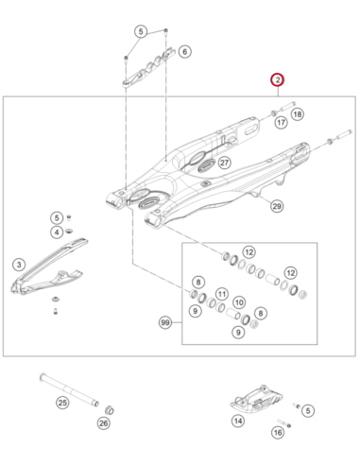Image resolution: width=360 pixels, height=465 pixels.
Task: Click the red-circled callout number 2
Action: pyautogui.click(x=278, y=80)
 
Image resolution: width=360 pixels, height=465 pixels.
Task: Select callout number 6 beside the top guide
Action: pyautogui.click(x=185, y=51)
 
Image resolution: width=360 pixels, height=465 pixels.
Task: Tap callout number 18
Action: pyautogui.click(x=298, y=114)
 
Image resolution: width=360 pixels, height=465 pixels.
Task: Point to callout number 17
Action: pyautogui.click(x=281, y=122)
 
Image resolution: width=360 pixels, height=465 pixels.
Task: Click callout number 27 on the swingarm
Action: pyautogui.click(x=224, y=163)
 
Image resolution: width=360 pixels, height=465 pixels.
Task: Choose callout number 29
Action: pyautogui.click(x=277, y=206)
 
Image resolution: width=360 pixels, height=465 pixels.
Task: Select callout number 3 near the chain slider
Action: pyautogui.click(x=19, y=265)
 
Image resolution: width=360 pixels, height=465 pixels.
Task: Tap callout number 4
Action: pyautogui.click(x=57, y=232)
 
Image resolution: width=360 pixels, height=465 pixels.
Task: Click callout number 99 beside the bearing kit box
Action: pyautogui.click(x=165, y=322)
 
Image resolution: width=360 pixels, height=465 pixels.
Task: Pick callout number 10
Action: pyautogui.click(x=239, y=302)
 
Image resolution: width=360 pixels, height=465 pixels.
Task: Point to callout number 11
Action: pyautogui.click(x=222, y=294)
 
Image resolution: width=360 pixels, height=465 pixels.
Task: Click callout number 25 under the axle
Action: pyautogui.click(x=62, y=403)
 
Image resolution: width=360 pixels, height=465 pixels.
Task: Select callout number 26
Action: pyautogui.click(x=104, y=423)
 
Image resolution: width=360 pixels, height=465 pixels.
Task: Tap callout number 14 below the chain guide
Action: pyautogui.click(x=238, y=421)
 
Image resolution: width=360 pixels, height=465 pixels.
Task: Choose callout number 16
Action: pyautogui.click(x=278, y=432)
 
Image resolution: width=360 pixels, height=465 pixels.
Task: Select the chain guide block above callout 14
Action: pyautogui.click(x=256, y=399)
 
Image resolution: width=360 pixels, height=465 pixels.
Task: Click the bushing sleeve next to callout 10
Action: pyautogui.click(x=233, y=314)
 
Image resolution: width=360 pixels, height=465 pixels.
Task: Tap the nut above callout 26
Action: pyautogui.click(x=110, y=410)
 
